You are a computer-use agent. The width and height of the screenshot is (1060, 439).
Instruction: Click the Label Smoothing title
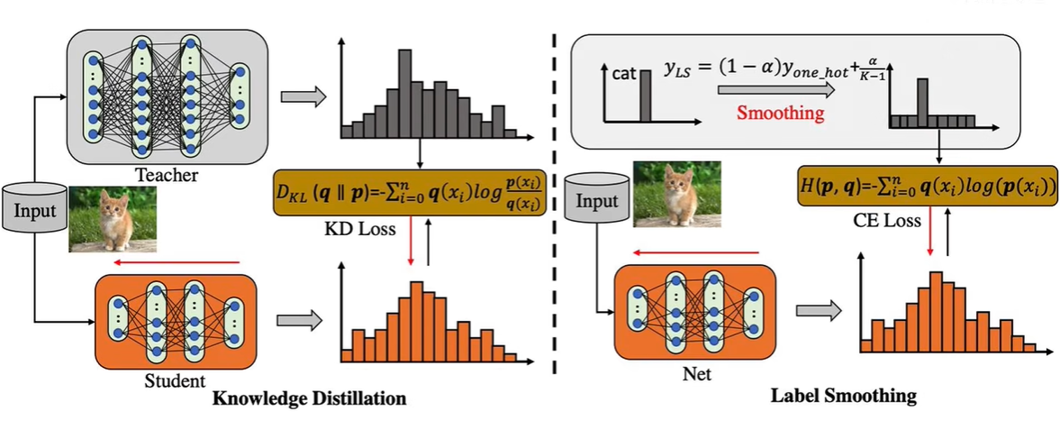click(x=844, y=396)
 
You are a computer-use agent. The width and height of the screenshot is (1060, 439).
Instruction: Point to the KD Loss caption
click(x=359, y=229)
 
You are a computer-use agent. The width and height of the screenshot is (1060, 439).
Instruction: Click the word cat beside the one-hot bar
click(x=624, y=75)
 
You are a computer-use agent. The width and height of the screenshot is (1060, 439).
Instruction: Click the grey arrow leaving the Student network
click(x=298, y=320)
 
